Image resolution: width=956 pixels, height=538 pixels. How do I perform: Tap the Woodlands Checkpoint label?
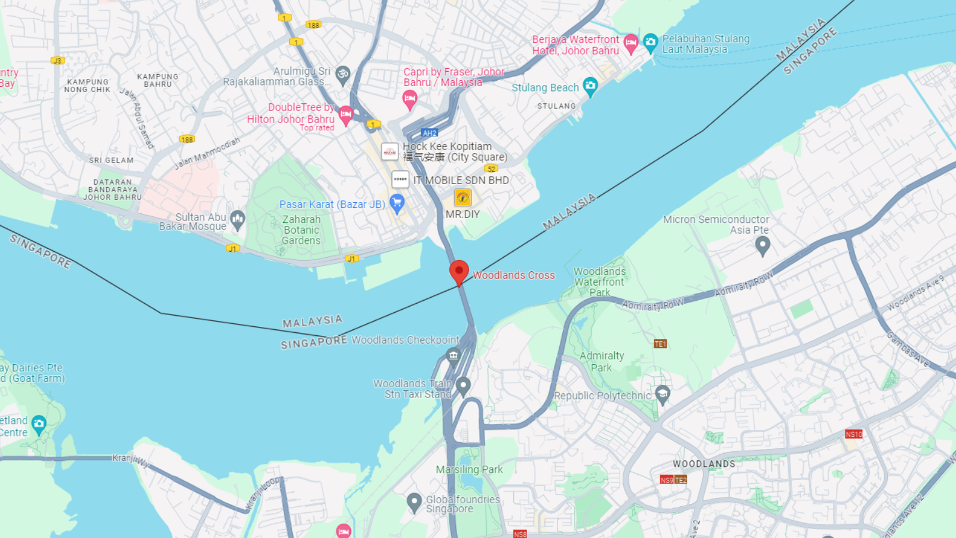(x=406, y=340)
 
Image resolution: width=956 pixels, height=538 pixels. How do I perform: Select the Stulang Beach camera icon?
(x=590, y=86)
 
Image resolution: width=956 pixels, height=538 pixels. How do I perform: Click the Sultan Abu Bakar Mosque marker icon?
(x=238, y=220)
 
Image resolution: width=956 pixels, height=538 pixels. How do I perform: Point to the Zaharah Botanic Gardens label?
(x=301, y=230)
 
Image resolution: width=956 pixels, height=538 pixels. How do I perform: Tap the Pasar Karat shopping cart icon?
(x=397, y=203)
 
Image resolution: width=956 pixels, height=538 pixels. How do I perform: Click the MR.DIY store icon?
(x=462, y=197)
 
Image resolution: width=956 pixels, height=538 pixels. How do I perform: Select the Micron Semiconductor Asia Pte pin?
(x=762, y=245)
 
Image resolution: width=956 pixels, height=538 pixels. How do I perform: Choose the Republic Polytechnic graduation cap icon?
(x=662, y=394)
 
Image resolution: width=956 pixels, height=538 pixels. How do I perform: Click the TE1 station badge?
(x=660, y=344)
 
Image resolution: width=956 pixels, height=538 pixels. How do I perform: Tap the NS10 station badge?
(x=853, y=434)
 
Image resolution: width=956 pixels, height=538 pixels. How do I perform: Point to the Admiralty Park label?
(x=602, y=362)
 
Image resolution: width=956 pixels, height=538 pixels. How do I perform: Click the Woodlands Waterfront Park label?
(x=599, y=282)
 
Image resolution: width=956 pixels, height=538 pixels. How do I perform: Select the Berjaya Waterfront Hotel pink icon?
(x=631, y=42)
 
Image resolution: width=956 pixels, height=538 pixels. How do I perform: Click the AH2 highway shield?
(x=429, y=133)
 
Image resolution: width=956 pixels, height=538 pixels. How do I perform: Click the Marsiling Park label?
(x=469, y=469)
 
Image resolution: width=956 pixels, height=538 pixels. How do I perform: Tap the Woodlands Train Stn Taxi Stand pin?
(x=463, y=386)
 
